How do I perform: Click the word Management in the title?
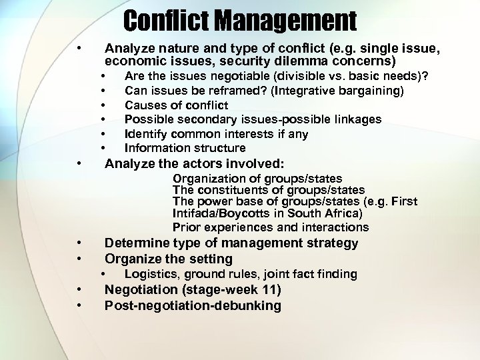(x=288, y=21)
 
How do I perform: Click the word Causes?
(x=144, y=105)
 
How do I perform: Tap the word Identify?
(x=146, y=134)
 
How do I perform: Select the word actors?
(x=189, y=163)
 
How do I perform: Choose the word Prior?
(x=187, y=227)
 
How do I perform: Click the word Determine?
(x=137, y=243)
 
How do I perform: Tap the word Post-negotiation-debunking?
(x=193, y=306)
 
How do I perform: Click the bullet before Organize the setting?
(x=79, y=259)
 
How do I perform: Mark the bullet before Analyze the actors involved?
(x=79, y=163)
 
